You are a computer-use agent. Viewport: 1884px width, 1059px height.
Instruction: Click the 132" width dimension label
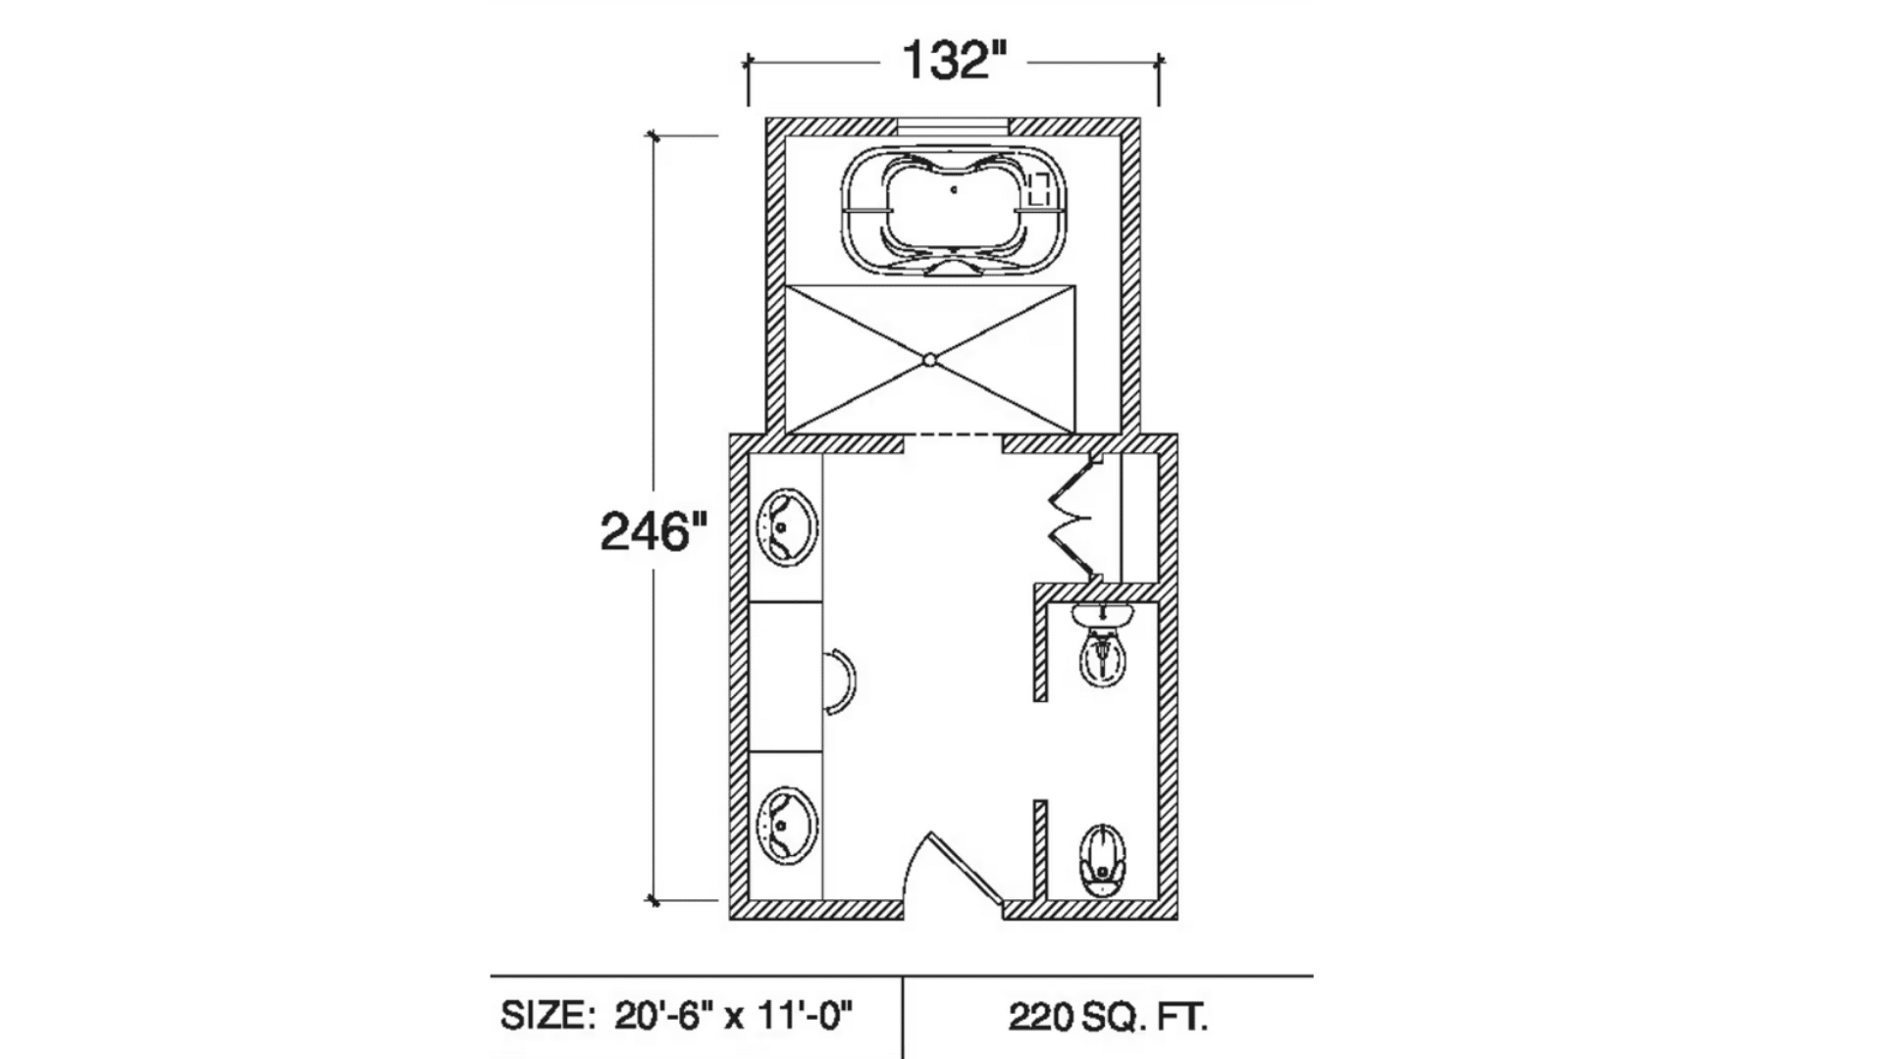[x=954, y=61]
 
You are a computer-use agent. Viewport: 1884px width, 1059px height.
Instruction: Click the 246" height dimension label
[x=653, y=532]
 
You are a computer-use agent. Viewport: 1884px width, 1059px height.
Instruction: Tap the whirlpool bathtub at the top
[x=952, y=212]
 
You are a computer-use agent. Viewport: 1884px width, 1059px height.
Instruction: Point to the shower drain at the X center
[x=929, y=361]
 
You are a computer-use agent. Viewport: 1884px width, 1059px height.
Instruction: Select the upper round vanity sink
[x=787, y=528]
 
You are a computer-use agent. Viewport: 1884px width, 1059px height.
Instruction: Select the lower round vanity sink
[x=787, y=825]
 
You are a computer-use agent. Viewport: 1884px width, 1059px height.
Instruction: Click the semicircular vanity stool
[x=840, y=681]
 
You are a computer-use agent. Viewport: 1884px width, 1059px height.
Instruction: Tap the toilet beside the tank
[x=1103, y=656]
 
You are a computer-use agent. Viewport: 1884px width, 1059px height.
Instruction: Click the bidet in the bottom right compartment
[x=1103, y=860]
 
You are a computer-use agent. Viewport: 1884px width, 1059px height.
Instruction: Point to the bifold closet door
[x=1076, y=518]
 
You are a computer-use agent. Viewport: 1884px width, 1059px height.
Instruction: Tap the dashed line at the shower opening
[x=952, y=434]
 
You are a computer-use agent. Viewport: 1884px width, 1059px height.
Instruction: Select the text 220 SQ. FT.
[x=1108, y=1017]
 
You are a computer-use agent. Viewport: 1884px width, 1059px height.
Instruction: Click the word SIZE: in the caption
[x=547, y=1016]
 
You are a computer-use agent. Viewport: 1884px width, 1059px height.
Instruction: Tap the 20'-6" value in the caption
[x=664, y=1016]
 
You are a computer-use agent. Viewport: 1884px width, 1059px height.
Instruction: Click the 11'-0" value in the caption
[x=804, y=1016]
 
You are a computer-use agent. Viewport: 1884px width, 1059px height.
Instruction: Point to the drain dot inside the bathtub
[x=954, y=189]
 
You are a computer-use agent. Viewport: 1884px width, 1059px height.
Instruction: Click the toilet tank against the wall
[x=1103, y=616]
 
